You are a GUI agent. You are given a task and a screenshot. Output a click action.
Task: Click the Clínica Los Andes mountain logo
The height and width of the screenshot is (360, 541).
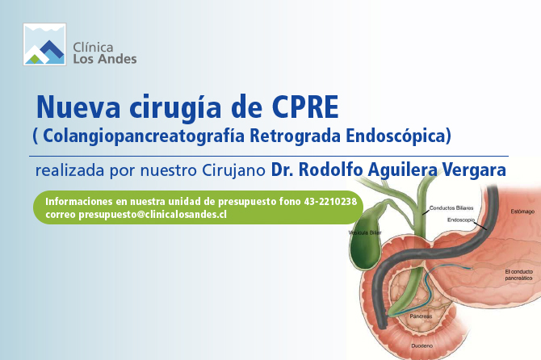44,44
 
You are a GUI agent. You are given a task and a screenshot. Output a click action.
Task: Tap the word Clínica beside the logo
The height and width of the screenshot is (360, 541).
93,48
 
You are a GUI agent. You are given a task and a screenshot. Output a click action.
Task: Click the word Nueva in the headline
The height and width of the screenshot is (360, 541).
78,107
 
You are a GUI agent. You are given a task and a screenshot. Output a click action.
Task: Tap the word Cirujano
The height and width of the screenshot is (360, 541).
233,170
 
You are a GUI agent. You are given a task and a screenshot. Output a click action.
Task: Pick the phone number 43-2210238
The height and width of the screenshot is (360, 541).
330,201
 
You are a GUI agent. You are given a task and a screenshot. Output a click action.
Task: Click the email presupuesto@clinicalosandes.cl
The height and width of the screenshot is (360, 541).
153,215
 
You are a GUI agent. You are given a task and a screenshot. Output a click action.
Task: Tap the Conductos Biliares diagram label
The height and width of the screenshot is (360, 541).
451,208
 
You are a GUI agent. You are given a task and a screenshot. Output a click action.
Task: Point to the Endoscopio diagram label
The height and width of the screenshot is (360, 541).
461,220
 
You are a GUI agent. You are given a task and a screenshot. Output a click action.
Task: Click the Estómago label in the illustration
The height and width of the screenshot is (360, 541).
522,211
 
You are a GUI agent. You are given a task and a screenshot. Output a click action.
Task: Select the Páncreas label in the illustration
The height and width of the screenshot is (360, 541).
421,316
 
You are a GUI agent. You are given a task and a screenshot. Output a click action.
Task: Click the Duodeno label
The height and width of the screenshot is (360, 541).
421,345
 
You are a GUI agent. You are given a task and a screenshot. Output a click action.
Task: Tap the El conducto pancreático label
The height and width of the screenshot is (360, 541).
519,274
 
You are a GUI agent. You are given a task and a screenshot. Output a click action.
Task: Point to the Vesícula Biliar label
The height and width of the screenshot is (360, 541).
365,232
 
